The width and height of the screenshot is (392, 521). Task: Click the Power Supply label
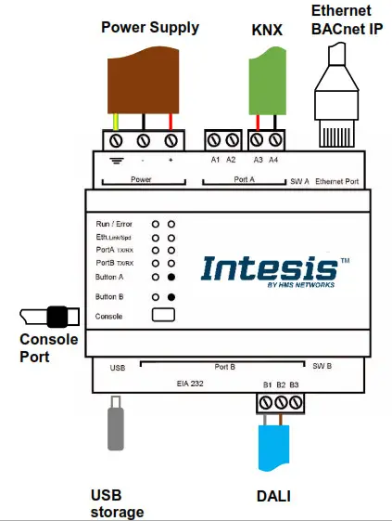point(149,28)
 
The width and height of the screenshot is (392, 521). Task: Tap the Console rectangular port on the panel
point(162,316)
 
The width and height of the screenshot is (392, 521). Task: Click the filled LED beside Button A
point(171,277)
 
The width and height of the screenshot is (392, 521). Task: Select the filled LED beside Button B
point(171,297)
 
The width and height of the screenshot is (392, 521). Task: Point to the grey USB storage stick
point(116,428)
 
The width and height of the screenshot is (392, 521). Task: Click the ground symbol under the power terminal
point(116,161)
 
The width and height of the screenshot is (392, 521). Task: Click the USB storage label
point(117,504)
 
